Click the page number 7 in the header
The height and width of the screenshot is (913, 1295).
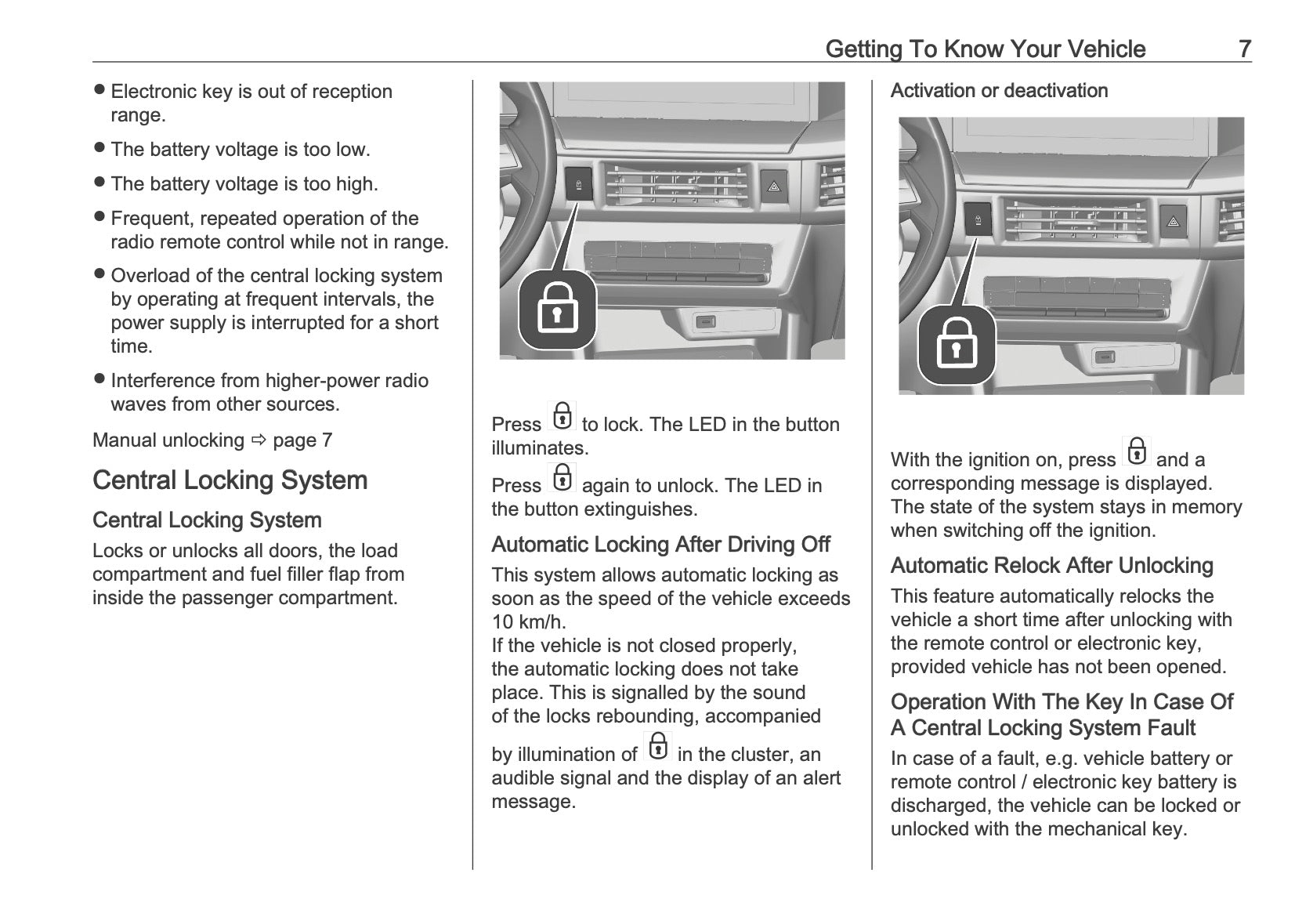[1244, 49]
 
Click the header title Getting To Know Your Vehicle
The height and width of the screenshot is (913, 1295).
[985, 49]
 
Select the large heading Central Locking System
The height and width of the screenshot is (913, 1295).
[230, 480]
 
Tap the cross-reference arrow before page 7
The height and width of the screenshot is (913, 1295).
[259, 440]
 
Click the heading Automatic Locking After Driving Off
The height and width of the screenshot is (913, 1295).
[660, 545]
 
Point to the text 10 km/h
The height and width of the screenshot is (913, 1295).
[528, 622]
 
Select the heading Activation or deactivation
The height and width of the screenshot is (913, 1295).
[999, 91]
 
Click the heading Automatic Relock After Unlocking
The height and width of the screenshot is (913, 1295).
[1051, 566]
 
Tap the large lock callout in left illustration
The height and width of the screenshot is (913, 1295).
[557, 310]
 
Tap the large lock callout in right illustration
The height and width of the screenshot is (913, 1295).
[956, 346]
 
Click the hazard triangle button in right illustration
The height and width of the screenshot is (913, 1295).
[1173, 221]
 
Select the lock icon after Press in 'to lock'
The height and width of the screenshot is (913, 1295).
[562, 416]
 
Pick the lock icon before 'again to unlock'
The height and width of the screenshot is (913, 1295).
[562, 477]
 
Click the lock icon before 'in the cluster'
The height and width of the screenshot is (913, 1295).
[658, 746]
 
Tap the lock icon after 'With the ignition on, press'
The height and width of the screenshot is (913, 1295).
[1136, 451]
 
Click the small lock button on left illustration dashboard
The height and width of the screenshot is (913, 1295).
[578, 185]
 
